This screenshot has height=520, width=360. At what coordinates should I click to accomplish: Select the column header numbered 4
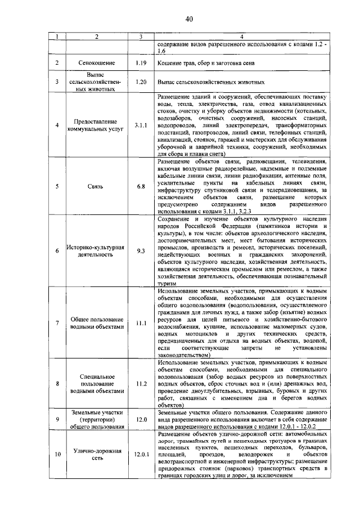241,37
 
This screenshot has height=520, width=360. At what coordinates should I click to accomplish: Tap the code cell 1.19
141,64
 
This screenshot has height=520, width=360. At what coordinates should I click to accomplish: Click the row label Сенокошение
97,64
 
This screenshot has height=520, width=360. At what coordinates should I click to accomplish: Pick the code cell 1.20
141,82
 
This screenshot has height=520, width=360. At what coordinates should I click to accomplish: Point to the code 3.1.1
141,124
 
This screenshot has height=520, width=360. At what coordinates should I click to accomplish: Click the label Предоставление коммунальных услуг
97,124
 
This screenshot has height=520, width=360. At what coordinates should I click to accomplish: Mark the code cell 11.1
141,323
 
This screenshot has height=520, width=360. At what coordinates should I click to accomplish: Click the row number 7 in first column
56,323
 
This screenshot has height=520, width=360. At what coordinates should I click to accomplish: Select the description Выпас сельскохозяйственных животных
208,82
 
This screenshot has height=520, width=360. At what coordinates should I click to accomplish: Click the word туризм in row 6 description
167,285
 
